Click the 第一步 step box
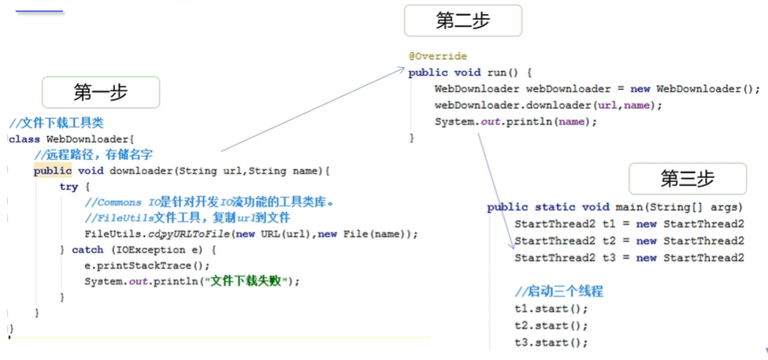[x=101, y=92]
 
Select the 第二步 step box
[x=463, y=21]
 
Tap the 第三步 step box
[x=687, y=179]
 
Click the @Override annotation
[x=438, y=57]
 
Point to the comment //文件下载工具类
[x=57, y=123]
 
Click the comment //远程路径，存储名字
[x=94, y=155]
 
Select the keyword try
[x=69, y=187]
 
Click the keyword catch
[x=87, y=250]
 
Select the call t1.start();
[x=551, y=310]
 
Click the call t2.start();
[x=551, y=325]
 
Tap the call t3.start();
[x=551, y=343]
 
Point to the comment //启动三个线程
[x=558, y=292]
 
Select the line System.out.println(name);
[x=516, y=121]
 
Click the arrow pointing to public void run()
[x=312, y=109]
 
